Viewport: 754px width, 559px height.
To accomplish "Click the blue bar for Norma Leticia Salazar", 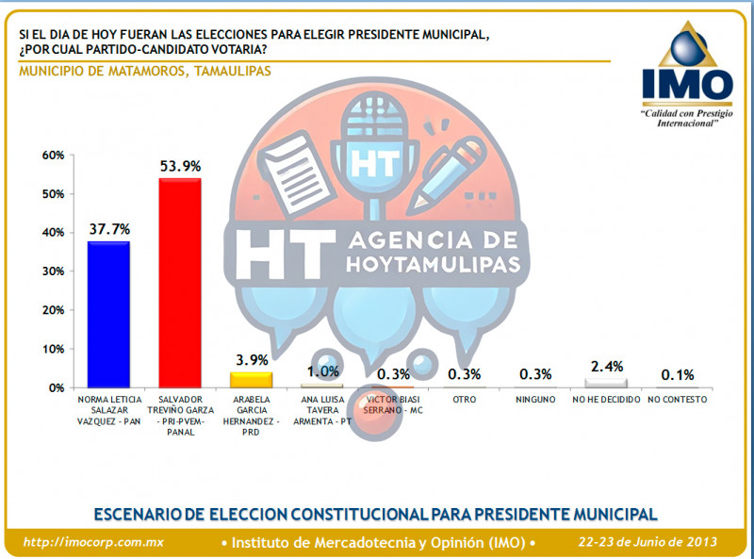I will click(x=108, y=314).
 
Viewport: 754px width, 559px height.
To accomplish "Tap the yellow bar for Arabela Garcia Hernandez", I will click(x=251, y=380).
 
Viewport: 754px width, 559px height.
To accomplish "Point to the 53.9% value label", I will click(x=179, y=166).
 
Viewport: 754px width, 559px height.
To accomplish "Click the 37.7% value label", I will click(x=108, y=229).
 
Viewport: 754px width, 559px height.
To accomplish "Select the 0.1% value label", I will click(x=679, y=374).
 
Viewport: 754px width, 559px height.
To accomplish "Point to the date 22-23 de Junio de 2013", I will click(x=647, y=542).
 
